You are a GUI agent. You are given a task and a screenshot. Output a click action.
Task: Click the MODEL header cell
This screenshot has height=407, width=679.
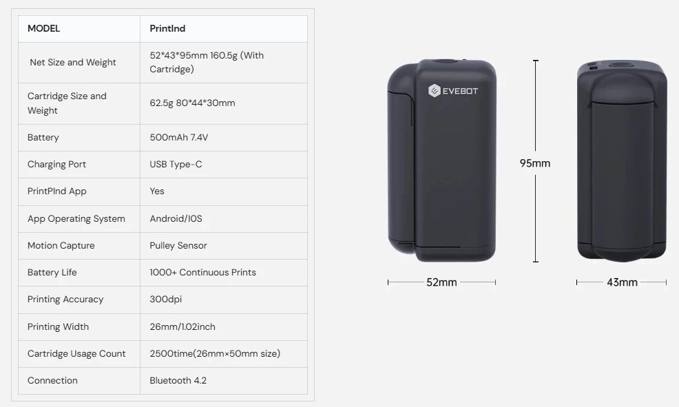point(43,29)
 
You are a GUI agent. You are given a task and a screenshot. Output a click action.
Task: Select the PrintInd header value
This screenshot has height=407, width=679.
point(167,29)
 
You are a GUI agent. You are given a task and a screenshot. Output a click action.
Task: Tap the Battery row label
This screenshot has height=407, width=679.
point(43,138)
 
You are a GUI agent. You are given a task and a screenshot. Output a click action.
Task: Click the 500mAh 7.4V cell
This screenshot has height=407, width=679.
point(178,138)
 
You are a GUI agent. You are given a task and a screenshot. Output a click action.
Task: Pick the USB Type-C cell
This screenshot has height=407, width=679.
point(176,165)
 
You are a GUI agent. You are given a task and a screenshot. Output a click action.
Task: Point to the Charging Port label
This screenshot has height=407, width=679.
point(57,165)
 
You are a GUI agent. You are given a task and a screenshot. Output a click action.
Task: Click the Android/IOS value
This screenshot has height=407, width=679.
point(176,219)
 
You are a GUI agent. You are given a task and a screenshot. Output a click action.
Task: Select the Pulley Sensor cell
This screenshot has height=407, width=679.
point(178,246)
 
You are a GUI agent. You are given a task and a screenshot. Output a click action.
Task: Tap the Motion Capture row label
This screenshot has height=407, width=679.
point(61,246)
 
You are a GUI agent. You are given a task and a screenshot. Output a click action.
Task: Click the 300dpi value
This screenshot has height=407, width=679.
point(165,300)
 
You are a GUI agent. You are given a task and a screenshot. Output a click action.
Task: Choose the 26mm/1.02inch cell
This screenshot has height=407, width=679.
point(182,327)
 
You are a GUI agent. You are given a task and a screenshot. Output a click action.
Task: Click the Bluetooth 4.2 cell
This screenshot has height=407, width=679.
point(178,381)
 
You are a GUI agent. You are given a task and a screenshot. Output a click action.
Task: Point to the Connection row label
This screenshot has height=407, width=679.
point(52,381)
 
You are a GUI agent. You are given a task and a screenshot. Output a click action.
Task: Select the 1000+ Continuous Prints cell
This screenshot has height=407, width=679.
point(202,273)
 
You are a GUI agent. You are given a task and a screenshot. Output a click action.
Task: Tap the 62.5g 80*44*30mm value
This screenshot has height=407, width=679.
point(192,103)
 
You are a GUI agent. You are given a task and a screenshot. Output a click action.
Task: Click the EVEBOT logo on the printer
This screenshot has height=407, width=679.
point(452,91)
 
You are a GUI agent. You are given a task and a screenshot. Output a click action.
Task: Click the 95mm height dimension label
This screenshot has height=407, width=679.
point(535,163)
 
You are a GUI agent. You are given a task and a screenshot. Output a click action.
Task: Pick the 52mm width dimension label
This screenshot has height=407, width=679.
point(441,282)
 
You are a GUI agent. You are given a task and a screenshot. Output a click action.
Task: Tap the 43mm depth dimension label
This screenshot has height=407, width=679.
point(622,282)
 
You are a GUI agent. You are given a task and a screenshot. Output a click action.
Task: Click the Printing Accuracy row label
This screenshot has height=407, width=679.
point(65,300)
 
